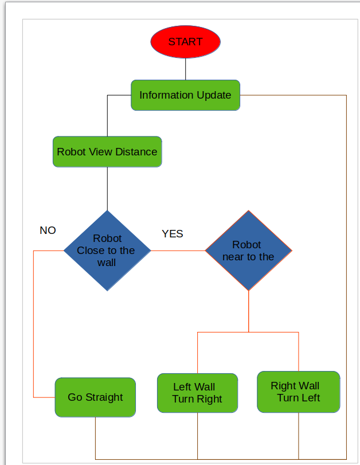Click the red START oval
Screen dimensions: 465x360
click(185, 42)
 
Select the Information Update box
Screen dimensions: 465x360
click(185, 95)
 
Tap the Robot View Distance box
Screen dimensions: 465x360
click(107, 152)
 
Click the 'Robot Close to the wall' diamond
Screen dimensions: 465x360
click(107, 251)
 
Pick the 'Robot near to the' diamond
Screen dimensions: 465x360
click(248, 251)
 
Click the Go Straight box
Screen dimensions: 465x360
click(95, 397)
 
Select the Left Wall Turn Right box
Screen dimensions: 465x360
click(197, 393)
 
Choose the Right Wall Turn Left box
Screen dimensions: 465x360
click(298, 392)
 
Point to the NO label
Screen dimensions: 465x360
click(48, 230)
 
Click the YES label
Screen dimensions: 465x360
click(172, 234)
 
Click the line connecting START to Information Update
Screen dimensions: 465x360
click(185, 69)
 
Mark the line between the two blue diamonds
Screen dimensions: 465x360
click(178, 251)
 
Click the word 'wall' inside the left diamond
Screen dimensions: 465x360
click(107, 263)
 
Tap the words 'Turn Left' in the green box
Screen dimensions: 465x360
click(298, 398)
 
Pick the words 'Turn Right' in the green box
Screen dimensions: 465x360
click(197, 399)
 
